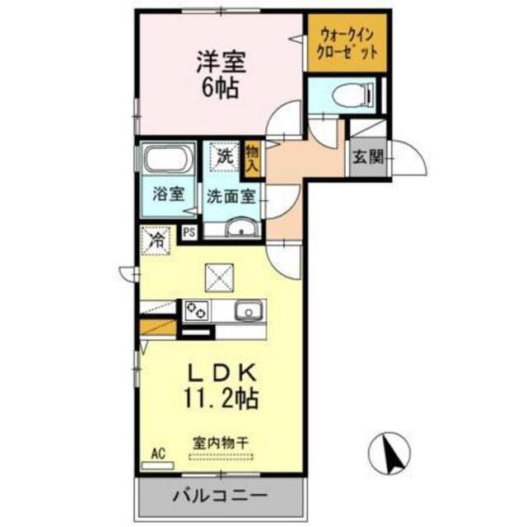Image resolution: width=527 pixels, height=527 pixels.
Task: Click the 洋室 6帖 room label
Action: (x=222, y=74)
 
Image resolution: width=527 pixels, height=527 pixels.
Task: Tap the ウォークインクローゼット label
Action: (x=347, y=44)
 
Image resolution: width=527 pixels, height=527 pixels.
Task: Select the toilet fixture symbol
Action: (x=352, y=95)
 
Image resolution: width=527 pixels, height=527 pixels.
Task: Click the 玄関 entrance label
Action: (x=368, y=156)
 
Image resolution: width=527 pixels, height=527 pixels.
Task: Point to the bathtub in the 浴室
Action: (x=167, y=159)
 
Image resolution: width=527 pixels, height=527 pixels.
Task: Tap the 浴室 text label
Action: (x=168, y=194)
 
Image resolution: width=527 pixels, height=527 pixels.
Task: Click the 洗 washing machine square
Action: (x=225, y=156)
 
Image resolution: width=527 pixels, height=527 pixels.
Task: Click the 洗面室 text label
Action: (x=231, y=196)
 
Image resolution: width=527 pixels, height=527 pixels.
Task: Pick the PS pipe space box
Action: (x=189, y=232)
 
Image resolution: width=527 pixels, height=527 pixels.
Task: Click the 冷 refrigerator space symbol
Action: (x=156, y=240)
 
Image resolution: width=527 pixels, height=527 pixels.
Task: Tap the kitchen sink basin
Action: (x=249, y=310)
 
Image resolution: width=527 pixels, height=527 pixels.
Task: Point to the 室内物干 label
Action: (x=221, y=443)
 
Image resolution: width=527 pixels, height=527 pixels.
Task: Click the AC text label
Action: (x=158, y=454)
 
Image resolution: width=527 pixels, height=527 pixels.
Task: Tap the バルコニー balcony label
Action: (x=220, y=495)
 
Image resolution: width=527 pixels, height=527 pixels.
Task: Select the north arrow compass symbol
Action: (x=389, y=453)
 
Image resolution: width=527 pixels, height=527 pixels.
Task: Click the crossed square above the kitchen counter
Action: (x=220, y=277)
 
